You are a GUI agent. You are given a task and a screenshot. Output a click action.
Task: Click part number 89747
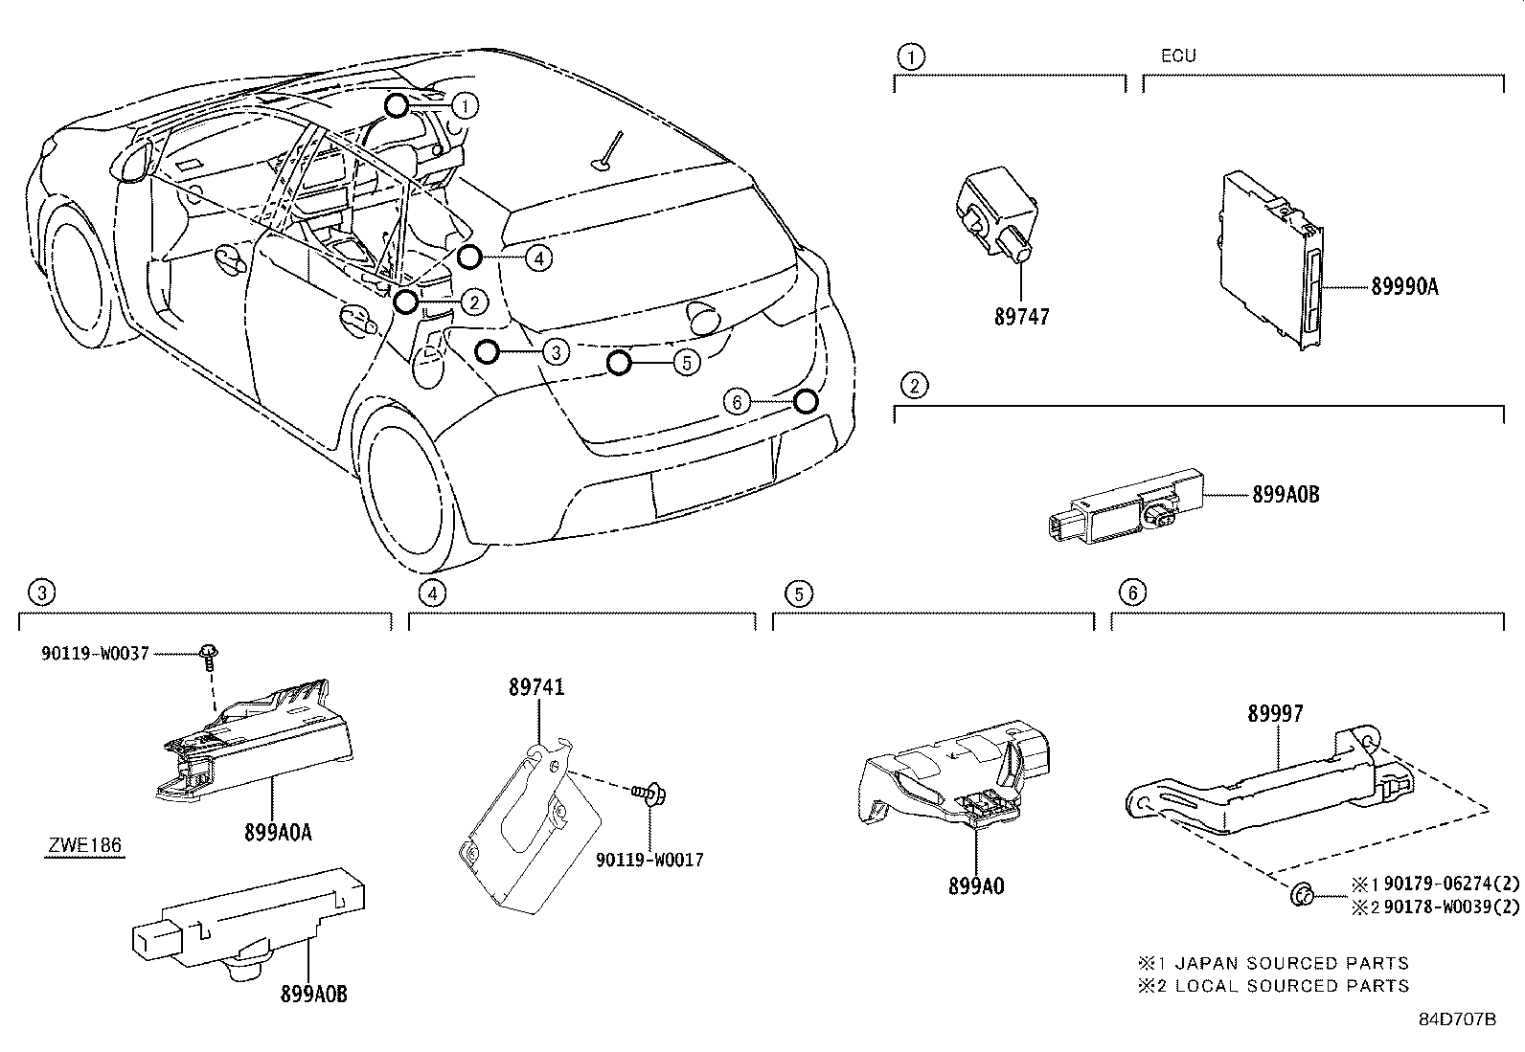1021,316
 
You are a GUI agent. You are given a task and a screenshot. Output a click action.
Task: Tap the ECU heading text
1177,56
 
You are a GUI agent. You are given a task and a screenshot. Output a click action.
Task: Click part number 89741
536,686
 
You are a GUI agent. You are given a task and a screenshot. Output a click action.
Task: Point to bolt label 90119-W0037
95,653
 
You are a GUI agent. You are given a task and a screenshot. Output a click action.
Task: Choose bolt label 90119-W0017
649,860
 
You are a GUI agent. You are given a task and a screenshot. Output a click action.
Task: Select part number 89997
1275,713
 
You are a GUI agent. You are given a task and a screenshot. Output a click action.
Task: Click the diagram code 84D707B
1457,1018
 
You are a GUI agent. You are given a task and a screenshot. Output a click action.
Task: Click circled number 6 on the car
737,402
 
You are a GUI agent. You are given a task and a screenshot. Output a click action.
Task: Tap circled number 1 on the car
465,104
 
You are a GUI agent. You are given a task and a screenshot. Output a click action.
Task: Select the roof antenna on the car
609,153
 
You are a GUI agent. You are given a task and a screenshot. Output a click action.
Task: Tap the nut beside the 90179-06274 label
1302,896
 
